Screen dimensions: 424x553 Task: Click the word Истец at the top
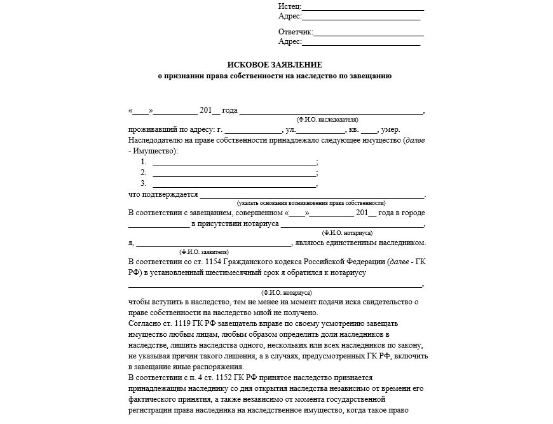coord(289,6)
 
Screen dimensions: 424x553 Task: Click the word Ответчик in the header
coord(296,32)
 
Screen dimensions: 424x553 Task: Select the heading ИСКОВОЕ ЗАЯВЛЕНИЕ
coord(275,65)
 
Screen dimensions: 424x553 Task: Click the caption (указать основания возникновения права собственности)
coord(311,202)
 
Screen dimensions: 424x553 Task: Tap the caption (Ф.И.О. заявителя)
coord(204,251)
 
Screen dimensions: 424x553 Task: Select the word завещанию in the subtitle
coord(370,76)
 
